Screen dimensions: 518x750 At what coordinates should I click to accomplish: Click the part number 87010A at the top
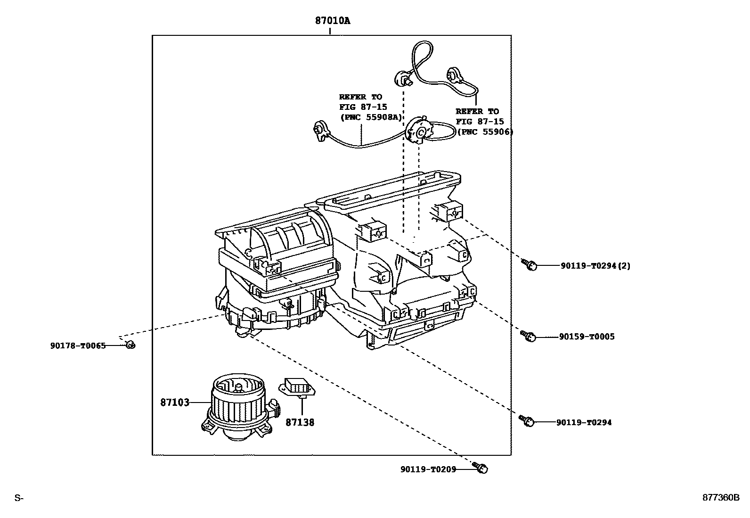[333, 21]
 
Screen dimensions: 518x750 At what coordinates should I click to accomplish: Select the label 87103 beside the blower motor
[175, 403]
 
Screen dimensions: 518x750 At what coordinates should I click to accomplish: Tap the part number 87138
[300, 422]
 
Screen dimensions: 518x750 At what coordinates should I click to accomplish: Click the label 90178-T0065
[78, 345]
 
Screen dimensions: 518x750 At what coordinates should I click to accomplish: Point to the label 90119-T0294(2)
[595, 266]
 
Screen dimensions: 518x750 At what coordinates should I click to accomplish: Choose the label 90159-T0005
[587, 337]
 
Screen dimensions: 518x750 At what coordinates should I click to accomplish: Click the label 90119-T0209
[428, 469]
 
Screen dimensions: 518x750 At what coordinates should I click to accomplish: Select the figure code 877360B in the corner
[721, 498]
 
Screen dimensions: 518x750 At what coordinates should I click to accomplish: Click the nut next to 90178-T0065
[130, 345]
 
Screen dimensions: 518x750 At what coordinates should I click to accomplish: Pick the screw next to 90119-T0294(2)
[530, 265]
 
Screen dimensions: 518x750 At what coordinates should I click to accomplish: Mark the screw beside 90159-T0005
[528, 337]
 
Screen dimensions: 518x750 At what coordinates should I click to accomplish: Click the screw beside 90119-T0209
[481, 469]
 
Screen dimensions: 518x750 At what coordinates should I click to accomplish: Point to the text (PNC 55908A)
[370, 117]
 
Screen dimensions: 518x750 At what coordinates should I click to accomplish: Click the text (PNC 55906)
[485, 132]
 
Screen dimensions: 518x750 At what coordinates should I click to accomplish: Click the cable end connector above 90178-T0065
[321, 131]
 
